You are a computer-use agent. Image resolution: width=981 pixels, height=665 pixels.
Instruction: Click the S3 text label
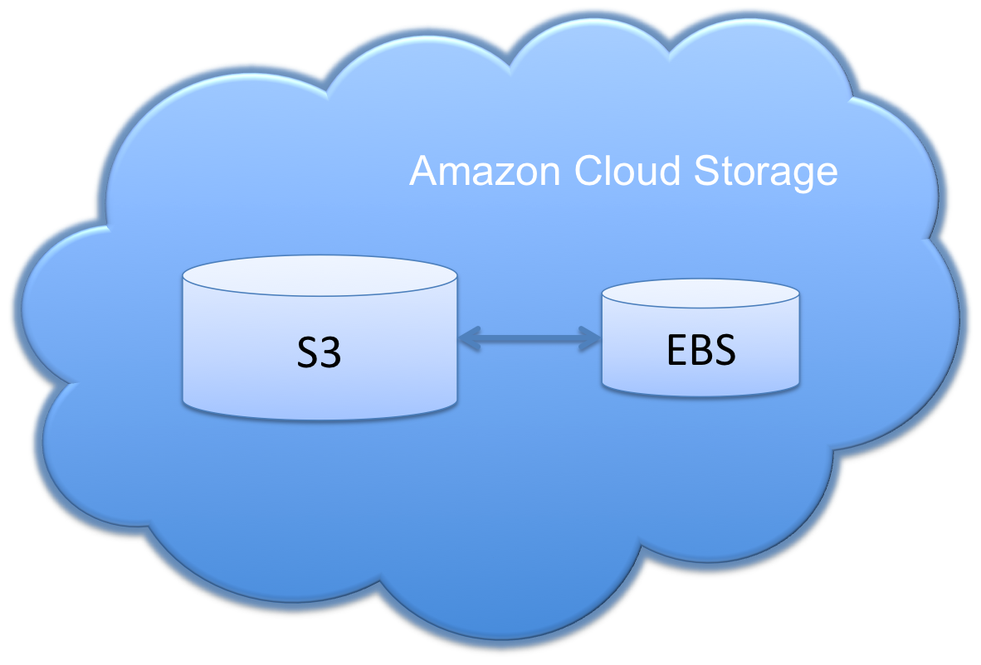[x=320, y=354]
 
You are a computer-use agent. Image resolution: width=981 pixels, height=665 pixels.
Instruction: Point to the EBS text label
[x=701, y=352]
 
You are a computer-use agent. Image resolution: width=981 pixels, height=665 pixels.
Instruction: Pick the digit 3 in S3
[x=331, y=354]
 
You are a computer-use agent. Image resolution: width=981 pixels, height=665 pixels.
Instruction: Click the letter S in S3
[x=308, y=354]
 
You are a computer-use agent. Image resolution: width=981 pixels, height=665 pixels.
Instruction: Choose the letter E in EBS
[x=676, y=352]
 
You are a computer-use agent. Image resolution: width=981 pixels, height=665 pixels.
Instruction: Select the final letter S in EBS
[x=725, y=352]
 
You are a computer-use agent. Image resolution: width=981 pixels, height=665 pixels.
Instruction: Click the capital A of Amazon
[x=424, y=172]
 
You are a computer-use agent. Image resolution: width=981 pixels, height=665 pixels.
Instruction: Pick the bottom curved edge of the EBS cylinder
[x=701, y=392]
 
